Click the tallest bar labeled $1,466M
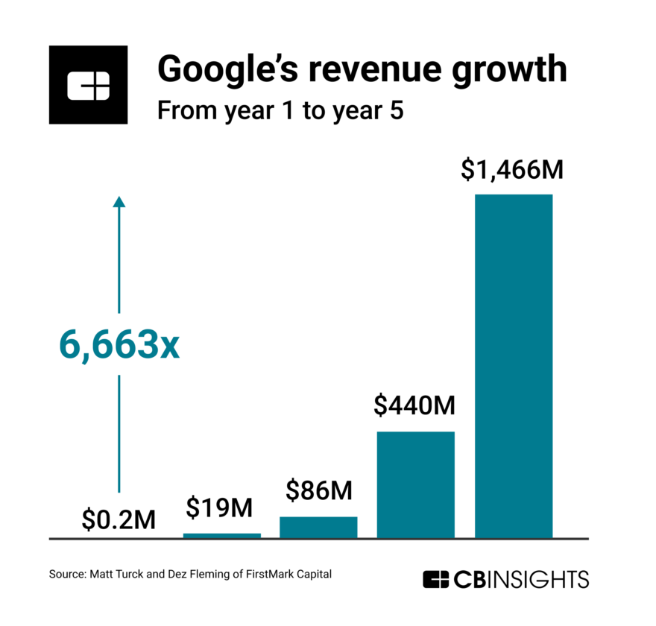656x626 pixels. click(514, 365)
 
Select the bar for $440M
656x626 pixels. click(415, 484)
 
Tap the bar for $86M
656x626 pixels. click(318, 526)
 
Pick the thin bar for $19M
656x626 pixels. click(222, 535)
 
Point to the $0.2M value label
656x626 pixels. click(119, 519)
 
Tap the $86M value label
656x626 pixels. click(318, 491)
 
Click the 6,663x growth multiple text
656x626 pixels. click(119, 347)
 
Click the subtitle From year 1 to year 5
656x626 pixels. click(280, 112)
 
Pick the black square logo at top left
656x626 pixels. click(89, 84)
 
